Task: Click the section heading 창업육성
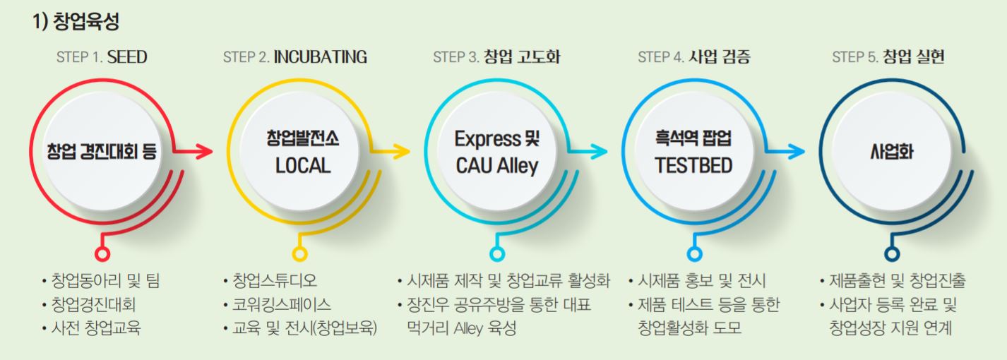[76, 22]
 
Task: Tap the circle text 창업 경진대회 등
[102, 151]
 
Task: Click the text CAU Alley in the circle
[496, 166]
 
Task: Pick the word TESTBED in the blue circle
[693, 166]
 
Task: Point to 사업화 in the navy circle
[892, 151]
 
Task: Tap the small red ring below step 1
[102, 253]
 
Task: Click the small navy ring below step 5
[892, 253]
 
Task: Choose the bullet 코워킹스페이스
[281, 305]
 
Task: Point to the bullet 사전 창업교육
[95, 328]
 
